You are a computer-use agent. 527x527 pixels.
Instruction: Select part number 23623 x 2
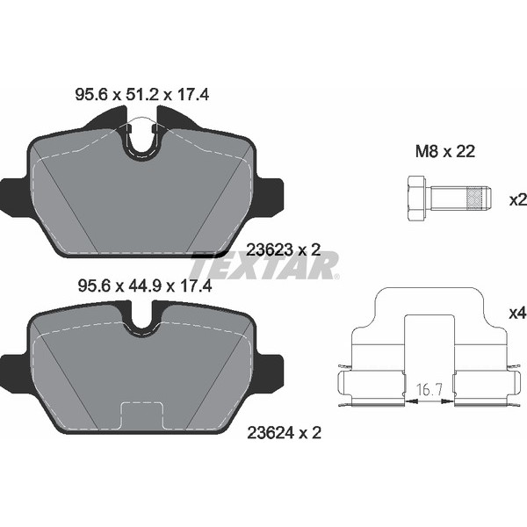coord(283,249)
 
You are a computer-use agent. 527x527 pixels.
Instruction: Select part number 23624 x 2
coord(283,432)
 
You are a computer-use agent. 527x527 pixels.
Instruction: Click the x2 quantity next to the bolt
coord(516,199)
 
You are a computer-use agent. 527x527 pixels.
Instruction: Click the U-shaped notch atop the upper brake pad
coord(144,141)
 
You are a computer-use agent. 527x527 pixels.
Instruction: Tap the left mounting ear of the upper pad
coord(14,197)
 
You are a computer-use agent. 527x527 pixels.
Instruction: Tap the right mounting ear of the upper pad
coord(271,197)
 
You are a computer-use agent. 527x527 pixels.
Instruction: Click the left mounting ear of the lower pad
coord(14,370)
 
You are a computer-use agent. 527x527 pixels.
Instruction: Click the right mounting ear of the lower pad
coord(271,370)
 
